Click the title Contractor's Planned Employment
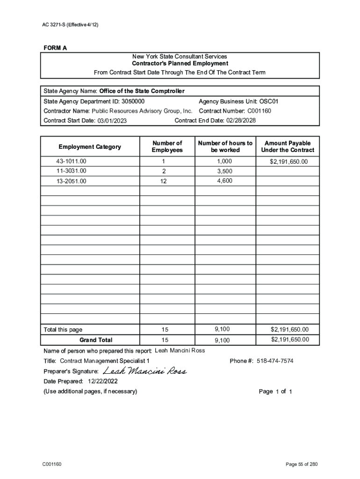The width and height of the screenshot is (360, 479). (180, 64)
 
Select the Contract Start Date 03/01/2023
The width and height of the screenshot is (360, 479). (112, 121)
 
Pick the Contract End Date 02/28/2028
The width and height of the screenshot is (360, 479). (241, 121)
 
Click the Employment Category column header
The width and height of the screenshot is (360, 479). (90, 147)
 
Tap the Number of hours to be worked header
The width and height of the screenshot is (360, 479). (225, 146)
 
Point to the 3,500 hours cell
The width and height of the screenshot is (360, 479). (224, 171)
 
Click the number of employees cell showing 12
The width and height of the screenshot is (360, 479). (163, 181)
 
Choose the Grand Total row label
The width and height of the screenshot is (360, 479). (96, 340)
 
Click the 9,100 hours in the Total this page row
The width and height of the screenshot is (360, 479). (223, 329)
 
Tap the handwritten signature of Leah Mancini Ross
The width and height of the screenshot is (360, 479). (144, 371)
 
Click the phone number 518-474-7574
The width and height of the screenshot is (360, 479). (275, 361)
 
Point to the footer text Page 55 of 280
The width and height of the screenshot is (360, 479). (302, 464)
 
